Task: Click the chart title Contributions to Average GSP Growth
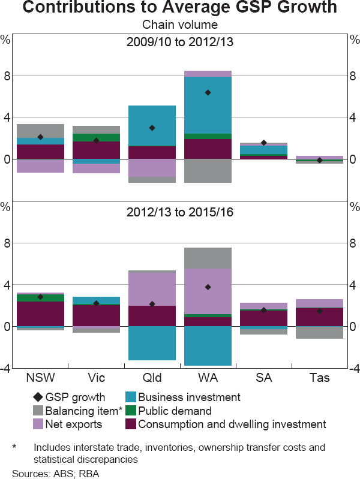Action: [180, 9]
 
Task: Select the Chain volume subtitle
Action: [180, 25]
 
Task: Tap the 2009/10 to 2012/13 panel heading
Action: [180, 43]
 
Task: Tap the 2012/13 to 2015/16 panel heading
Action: [180, 212]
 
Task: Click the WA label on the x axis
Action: [208, 378]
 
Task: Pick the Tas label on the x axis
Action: [319, 378]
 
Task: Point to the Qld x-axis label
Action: [152, 378]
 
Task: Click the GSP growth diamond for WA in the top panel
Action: [208, 92]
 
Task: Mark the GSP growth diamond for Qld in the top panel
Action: [152, 128]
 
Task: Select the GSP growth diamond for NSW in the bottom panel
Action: [40, 297]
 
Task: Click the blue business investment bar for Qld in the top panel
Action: [152, 125]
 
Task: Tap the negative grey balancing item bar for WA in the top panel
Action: [208, 171]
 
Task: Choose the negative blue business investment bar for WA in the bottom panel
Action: [208, 346]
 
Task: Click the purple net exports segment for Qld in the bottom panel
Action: [152, 289]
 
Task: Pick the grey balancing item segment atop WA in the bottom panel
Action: [208, 258]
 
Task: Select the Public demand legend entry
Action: [175, 411]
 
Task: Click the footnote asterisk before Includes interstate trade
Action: [14, 447]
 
